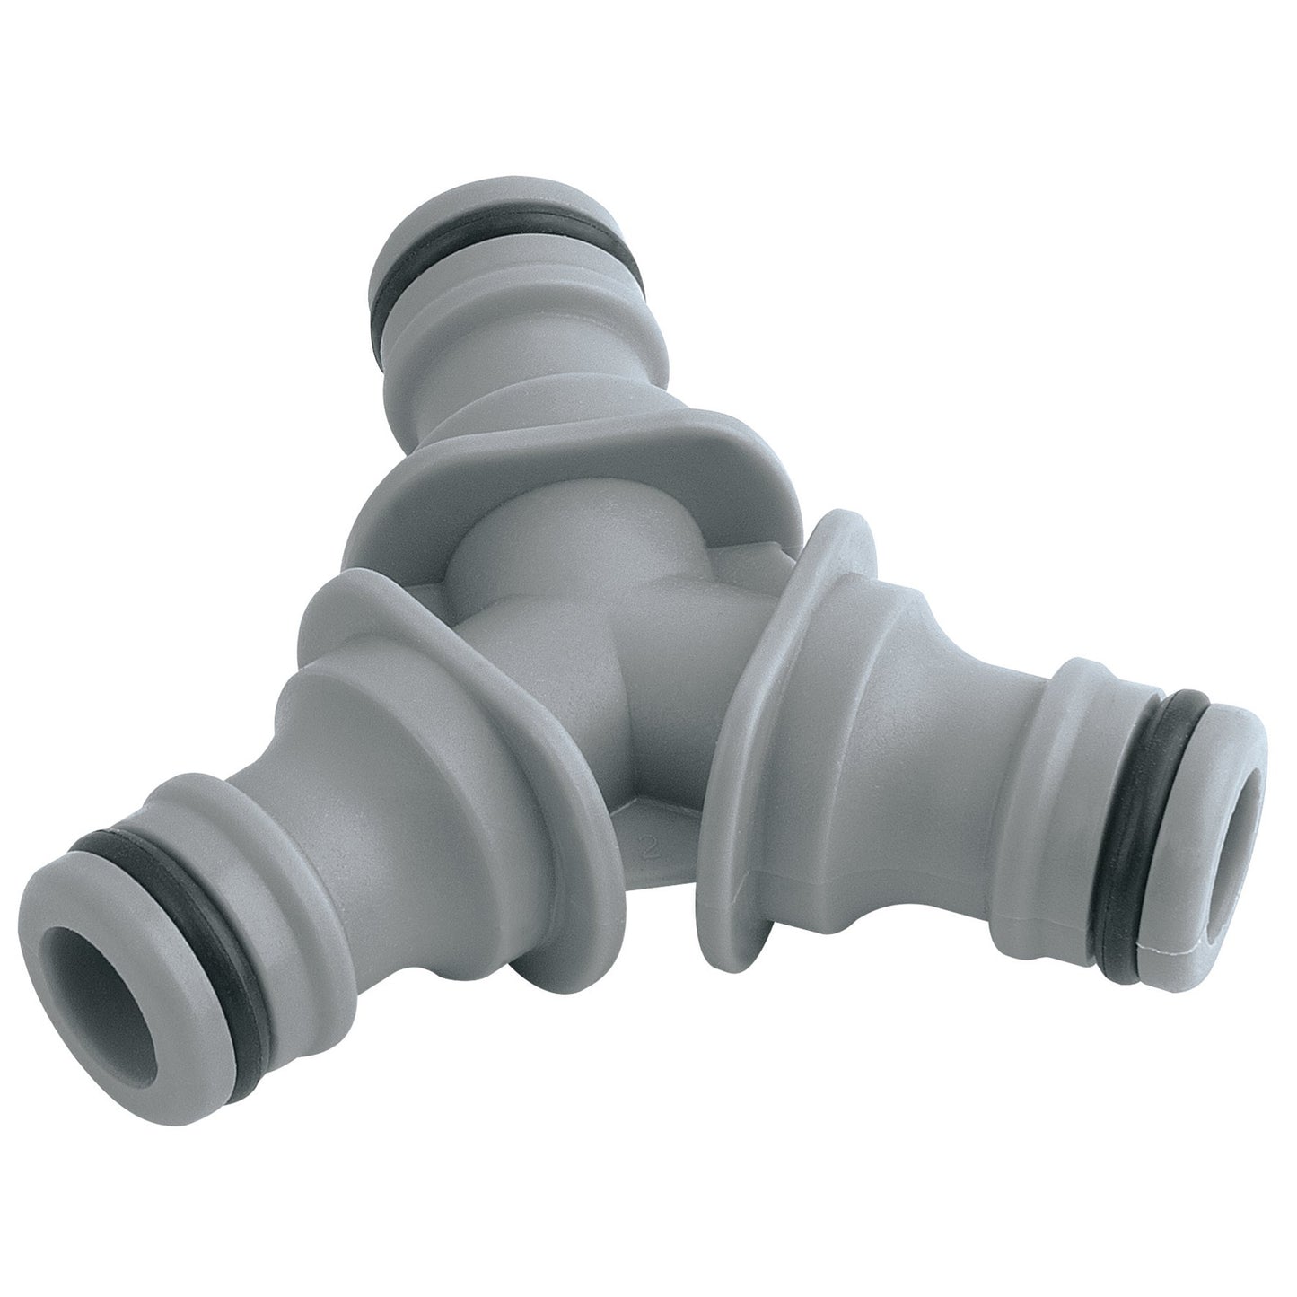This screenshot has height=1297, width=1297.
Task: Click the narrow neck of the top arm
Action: (521, 359)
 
